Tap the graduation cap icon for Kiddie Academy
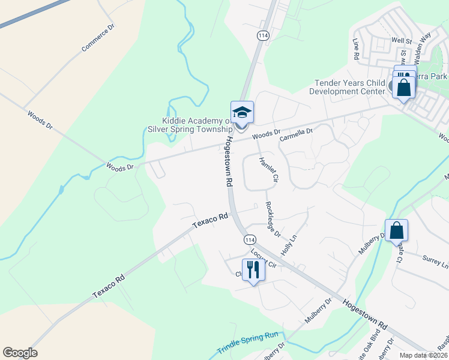tap(242, 113)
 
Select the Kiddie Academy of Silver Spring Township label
tap(190, 125)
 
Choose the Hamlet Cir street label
tap(268, 169)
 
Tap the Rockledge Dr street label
tap(273, 218)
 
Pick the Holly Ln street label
tap(289, 245)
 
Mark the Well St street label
tap(400, 41)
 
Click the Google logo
tap(20, 353)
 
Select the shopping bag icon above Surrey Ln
tap(397, 230)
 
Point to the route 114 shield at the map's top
tap(262, 36)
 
